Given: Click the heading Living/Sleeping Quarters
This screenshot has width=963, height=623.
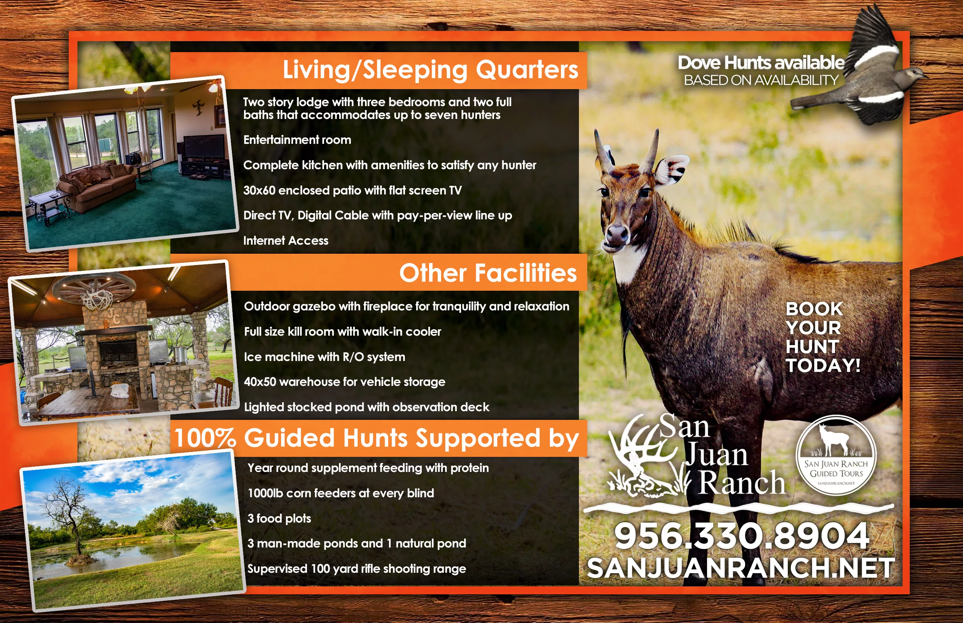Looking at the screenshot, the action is coord(430,69).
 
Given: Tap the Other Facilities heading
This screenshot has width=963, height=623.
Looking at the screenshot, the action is coord(488,273).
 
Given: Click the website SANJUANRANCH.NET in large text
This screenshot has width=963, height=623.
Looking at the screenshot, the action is coord(741,568).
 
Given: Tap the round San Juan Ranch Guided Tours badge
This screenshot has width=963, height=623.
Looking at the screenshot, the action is coord(836,455).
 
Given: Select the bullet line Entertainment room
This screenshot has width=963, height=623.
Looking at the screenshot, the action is coord(297,140).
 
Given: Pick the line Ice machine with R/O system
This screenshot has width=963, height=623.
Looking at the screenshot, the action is coord(324,357).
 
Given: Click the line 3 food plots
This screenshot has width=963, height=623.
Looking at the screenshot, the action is coord(279,518).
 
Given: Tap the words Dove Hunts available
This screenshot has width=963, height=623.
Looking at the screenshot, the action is coord(761,63).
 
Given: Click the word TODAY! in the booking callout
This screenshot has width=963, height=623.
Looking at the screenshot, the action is coord(823,365).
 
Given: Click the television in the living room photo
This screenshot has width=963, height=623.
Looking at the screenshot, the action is coord(204,146).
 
